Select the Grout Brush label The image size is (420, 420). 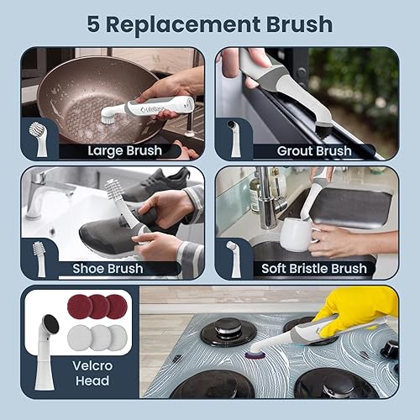pyautogui.click(x=313, y=151)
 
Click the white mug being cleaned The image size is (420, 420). pyautogui.click(x=297, y=234)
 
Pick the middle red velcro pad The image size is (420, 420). pyautogui.click(x=99, y=307)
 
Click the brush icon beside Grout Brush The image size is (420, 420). pyautogui.click(x=234, y=139)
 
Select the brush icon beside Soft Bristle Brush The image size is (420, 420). pyautogui.click(x=234, y=256)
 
